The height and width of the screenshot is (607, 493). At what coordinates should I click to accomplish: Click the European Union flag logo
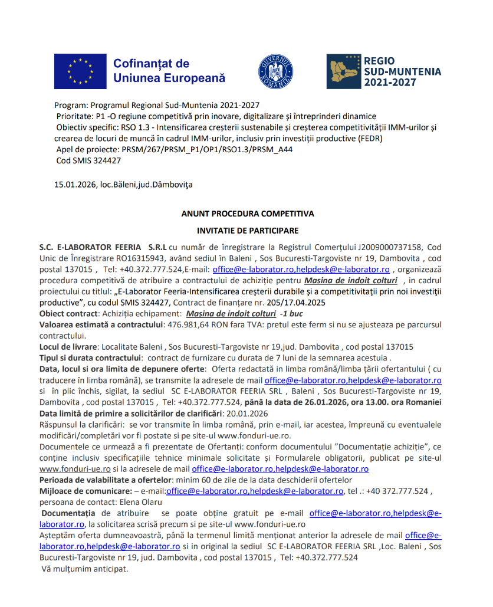(80, 71)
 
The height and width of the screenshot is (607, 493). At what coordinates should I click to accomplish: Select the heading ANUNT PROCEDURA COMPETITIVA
(248, 214)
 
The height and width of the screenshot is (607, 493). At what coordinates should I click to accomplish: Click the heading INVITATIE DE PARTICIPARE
(248, 231)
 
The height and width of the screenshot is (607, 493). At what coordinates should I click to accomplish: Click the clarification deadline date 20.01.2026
(246, 414)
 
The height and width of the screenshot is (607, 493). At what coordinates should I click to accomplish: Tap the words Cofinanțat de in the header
(151, 63)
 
